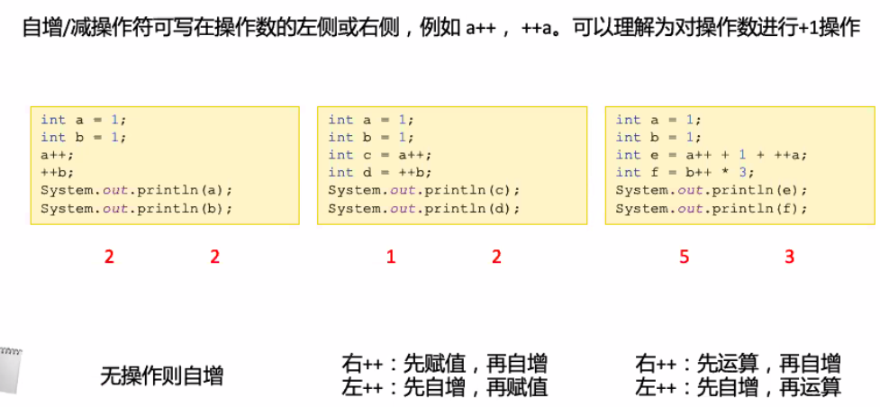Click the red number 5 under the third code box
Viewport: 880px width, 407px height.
[684, 257]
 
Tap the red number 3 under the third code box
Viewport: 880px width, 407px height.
[790, 257]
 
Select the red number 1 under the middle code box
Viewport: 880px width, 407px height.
[391, 257]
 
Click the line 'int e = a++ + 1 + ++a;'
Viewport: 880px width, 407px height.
[712, 155]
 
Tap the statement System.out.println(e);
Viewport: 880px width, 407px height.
[712, 190]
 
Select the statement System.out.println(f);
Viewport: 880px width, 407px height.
[712, 208]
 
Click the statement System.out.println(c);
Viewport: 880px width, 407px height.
[423, 190]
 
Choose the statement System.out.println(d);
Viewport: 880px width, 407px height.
[423, 208]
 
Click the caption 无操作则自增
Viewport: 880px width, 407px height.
[161, 375]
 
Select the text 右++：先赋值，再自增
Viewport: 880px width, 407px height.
[444, 364]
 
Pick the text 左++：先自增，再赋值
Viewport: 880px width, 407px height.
[444, 387]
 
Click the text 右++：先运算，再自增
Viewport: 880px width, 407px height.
[738, 364]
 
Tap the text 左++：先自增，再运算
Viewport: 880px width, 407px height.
[738, 387]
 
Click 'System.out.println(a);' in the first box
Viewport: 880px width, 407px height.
[136, 190]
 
